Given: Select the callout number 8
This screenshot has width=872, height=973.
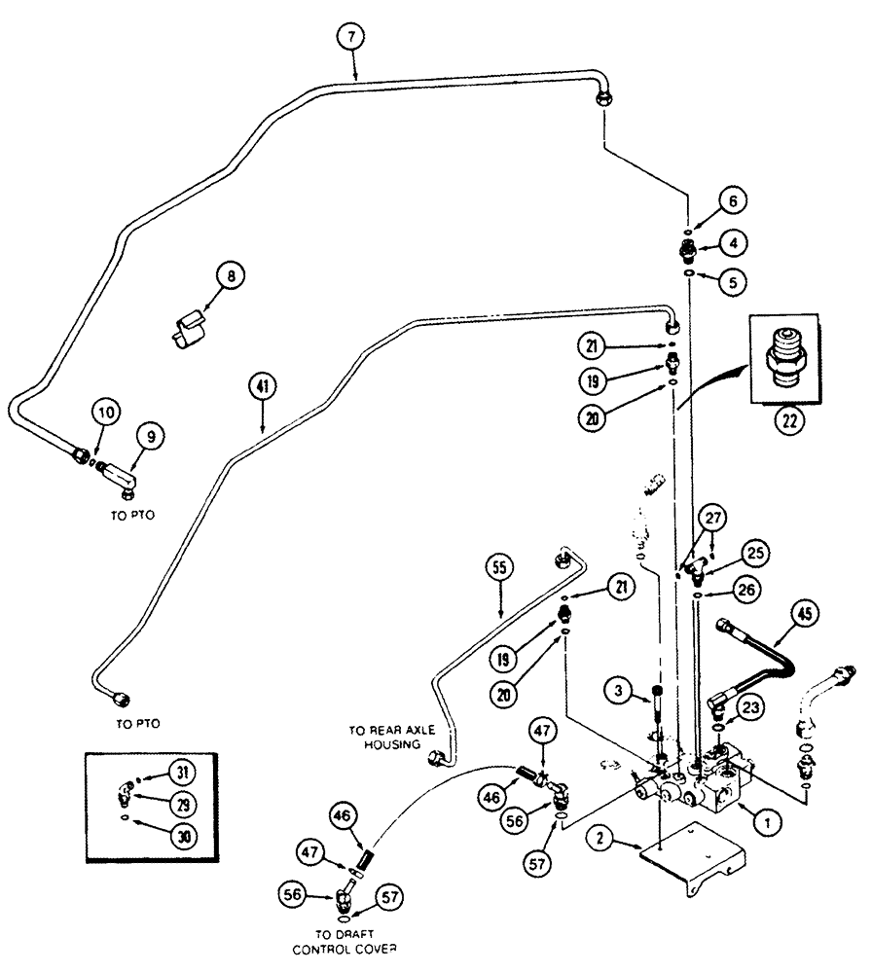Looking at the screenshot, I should (x=231, y=275).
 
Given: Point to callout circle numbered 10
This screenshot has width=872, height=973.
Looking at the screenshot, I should (x=107, y=413).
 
